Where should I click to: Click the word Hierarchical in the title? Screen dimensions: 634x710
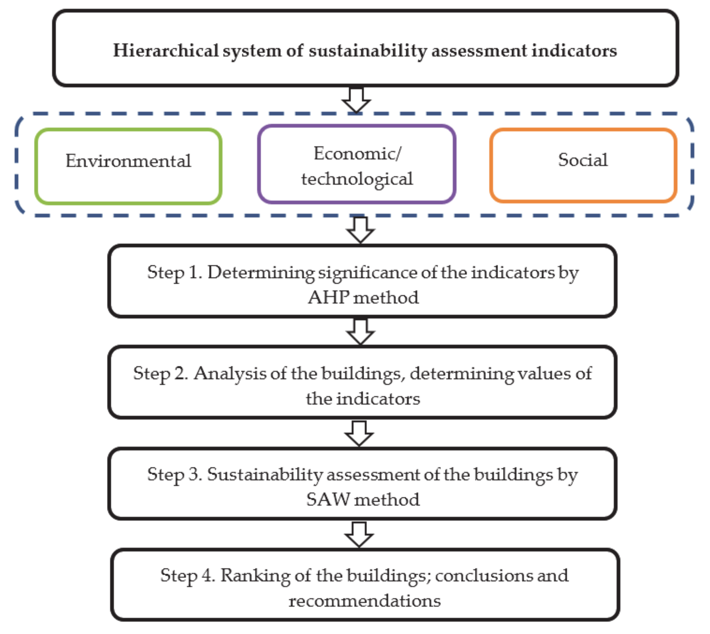pos(166,50)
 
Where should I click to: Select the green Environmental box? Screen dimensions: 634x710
pos(128,166)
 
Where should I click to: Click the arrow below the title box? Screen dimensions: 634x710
pos(356,100)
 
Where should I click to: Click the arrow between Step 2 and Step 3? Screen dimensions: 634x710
pos(359,433)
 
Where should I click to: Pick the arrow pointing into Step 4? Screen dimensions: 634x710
pos(359,534)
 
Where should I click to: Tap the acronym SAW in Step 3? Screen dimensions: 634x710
pos(328,500)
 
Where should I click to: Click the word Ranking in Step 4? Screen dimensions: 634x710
pos(255,575)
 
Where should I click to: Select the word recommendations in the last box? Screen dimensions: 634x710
pos(364,601)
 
